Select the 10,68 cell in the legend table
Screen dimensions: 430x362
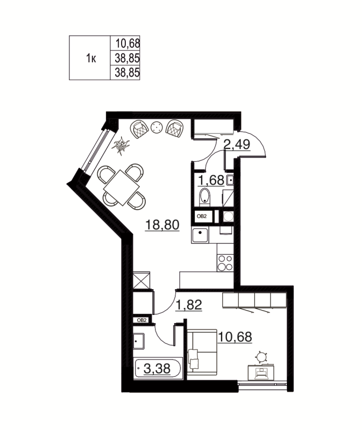pos(124,42)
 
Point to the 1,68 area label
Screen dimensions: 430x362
pos(212,180)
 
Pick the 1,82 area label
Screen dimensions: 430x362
pos(188,305)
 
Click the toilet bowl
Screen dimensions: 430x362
pos(204,197)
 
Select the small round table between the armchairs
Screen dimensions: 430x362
pos(157,127)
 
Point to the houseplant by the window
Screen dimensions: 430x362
pos(122,144)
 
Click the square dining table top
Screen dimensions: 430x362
pos(122,186)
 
